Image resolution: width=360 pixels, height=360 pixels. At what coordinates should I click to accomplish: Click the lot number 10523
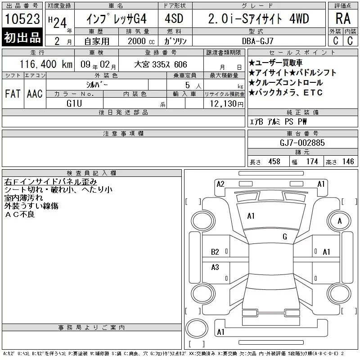pyautogui.click(x=22, y=18)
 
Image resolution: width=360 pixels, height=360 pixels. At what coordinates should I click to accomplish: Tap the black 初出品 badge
pyautogui.click(x=22, y=37)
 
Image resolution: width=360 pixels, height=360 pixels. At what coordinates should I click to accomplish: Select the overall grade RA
pyautogui.click(x=343, y=18)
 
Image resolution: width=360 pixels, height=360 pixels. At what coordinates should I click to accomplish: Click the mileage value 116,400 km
pyautogui.click(x=46, y=64)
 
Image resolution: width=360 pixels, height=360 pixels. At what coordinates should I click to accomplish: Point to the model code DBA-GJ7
pyautogui.click(x=257, y=41)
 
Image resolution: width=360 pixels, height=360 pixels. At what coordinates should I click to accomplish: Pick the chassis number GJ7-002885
pyautogui.click(x=302, y=143)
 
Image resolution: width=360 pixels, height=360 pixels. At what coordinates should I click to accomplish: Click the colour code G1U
pyautogui.click(x=74, y=103)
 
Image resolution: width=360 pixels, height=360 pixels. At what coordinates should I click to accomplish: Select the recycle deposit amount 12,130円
pyautogui.click(x=226, y=104)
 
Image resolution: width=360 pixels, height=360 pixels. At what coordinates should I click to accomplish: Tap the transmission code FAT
pyautogui.click(x=13, y=94)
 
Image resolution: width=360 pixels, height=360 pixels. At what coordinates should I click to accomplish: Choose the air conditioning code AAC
pyautogui.click(x=35, y=94)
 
